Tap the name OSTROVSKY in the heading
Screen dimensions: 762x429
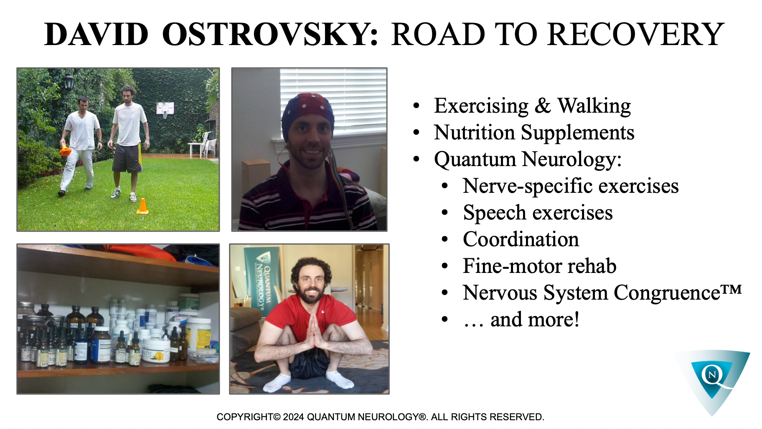click(270, 34)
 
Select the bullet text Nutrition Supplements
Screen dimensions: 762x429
click(534, 133)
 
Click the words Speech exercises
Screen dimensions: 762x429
click(538, 213)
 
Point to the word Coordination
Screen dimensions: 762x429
click(521, 240)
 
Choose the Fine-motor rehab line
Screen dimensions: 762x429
click(540, 266)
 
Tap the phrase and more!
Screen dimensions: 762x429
click(535, 320)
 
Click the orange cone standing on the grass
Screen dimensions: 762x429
click(142, 206)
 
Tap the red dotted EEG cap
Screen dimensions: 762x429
click(307, 113)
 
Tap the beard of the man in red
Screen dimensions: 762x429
click(311, 294)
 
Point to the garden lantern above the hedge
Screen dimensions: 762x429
click(69, 82)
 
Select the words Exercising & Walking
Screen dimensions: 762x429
click(532, 106)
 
